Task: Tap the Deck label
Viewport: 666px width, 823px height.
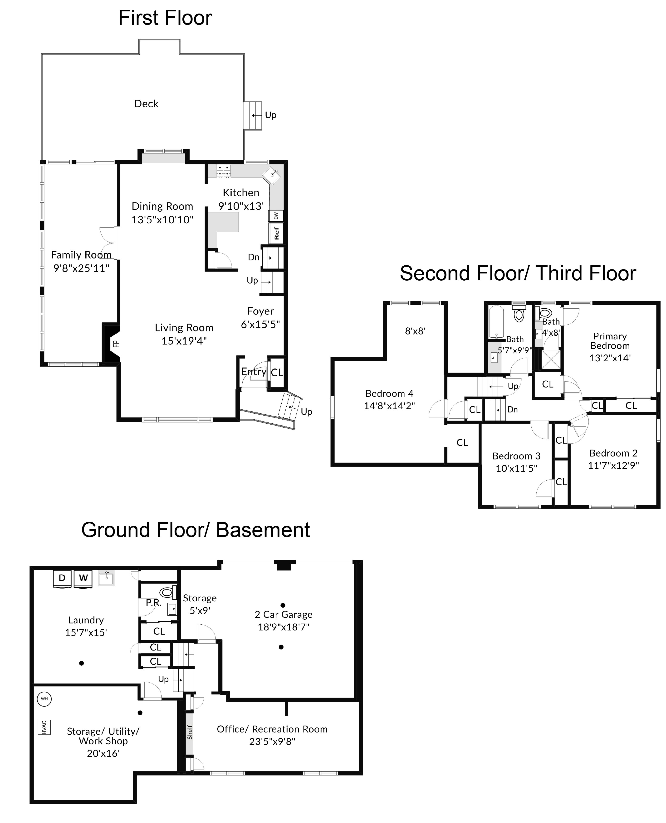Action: point(146,104)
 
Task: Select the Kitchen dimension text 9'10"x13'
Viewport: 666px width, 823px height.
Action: point(241,206)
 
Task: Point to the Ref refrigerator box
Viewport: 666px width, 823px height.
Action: point(276,233)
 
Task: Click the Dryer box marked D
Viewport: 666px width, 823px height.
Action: point(62,578)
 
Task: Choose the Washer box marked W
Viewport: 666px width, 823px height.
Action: point(83,578)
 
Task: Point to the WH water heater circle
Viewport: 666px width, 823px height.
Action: point(44,699)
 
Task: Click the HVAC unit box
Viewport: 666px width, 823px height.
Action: point(44,727)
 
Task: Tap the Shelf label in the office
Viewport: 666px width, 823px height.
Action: point(190,732)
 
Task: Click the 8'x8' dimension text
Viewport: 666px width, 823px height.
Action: point(415,331)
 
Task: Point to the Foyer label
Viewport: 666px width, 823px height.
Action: point(260,311)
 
